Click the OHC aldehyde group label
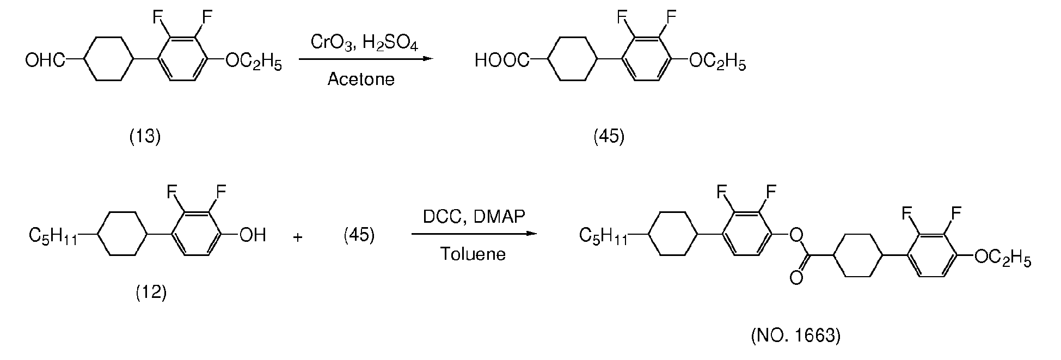click(45, 59)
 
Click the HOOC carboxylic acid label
click(501, 59)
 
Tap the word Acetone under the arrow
click(361, 80)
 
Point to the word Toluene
click(473, 254)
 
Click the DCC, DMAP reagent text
click(474, 217)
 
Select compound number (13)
click(145, 137)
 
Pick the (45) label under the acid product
click(609, 137)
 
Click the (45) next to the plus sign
click(359, 236)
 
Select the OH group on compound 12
click(253, 235)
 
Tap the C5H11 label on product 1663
click(603, 236)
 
